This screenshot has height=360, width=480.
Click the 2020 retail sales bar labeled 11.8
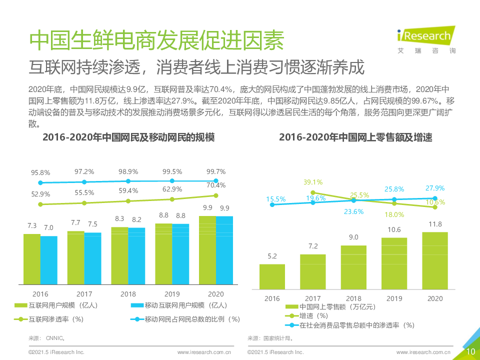coord(435,260)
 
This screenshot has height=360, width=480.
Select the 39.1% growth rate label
coord(313,182)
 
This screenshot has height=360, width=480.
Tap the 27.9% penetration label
coord(435,188)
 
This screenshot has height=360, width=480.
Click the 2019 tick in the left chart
coord(172,294)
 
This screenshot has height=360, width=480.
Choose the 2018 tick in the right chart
coord(353,298)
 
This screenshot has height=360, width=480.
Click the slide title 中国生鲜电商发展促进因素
coord(156,40)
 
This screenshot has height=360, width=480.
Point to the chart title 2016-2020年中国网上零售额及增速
coord(355,137)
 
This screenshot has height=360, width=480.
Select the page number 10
coord(470,351)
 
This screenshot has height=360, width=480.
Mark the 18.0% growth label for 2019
coord(394,214)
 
